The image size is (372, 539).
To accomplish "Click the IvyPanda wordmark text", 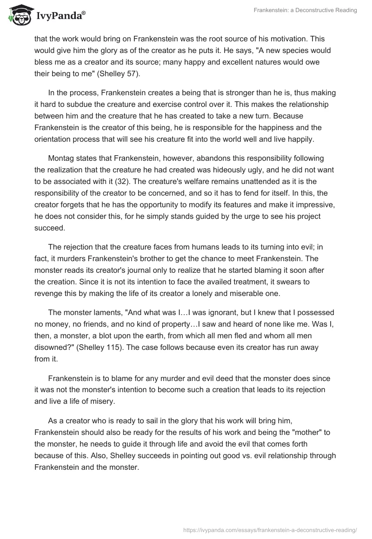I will point(60,17).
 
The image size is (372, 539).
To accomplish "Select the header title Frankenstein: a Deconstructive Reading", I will point(306,10).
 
